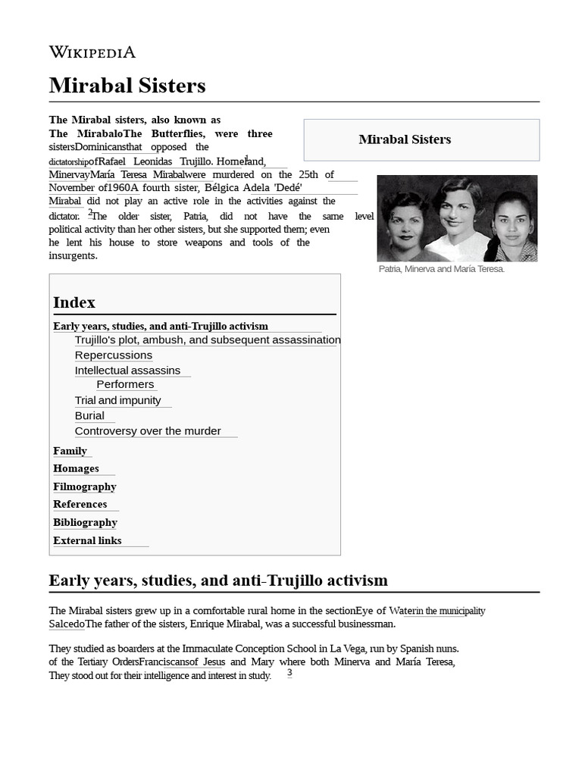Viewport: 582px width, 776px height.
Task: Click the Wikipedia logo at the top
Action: pos(92,52)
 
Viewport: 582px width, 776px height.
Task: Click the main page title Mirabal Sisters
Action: pos(127,86)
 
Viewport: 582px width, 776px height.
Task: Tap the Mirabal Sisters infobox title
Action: pos(405,139)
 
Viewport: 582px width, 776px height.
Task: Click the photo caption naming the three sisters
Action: pos(441,269)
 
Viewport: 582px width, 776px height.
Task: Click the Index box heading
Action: pos(74,302)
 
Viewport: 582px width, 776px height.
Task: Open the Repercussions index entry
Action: pos(114,355)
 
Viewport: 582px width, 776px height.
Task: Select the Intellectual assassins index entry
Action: pos(127,371)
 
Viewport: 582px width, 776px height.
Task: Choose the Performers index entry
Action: pos(125,384)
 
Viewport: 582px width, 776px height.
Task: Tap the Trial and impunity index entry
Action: pos(117,400)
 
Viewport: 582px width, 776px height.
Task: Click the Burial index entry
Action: pos(89,415)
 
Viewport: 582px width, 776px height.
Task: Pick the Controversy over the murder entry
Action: pos(148,431)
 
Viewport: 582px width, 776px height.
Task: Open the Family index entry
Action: pos(70,451)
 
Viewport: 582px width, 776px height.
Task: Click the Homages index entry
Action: pos(76,468)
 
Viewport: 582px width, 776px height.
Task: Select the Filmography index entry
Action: pos(84,487)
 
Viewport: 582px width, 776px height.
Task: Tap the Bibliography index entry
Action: pos(85,522)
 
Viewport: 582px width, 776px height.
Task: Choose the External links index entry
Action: pos(87,540)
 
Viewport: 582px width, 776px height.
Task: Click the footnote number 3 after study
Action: pos(289,672)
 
